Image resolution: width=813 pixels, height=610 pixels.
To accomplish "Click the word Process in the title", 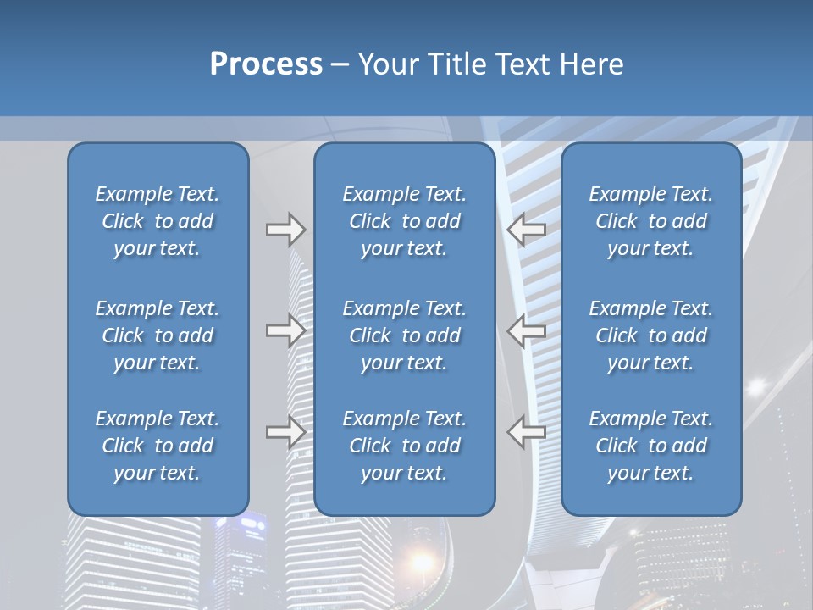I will (x=266, y=64).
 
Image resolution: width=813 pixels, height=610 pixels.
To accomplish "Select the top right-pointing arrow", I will (x=285, y=229).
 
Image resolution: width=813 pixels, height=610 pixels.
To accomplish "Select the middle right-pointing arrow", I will (x=285, y=330).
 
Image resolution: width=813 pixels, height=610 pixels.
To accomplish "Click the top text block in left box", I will (x=158, y=221).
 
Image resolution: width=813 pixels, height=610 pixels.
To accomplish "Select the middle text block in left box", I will (x=158, y=335).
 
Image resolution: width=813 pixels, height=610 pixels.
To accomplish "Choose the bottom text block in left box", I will (x=158, y=446).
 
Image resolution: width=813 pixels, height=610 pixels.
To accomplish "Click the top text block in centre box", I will (x=404, y=221).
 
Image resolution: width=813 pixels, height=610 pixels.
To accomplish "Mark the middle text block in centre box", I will (x=404, y=335).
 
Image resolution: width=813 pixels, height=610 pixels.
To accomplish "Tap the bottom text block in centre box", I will (x=404, y=446).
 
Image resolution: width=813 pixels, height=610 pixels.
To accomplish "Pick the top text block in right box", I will (x=650, y=221).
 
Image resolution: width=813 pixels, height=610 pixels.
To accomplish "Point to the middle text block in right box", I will (x=650, y=335).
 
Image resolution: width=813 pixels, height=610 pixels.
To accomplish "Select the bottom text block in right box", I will (x=650, y=446).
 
